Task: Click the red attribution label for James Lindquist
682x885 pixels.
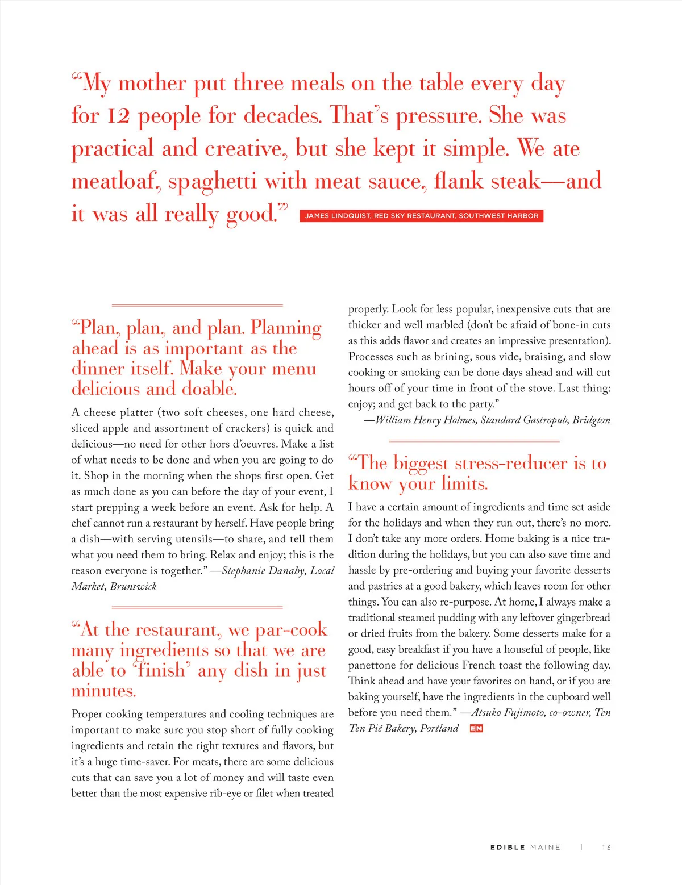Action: (x=421, y=216)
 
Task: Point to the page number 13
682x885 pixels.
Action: (x=606, y=847)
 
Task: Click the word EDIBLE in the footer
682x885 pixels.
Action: (x=508, y=847)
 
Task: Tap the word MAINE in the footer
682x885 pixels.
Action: (x=545, y=847)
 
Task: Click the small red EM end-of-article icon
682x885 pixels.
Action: (x=476, y=728)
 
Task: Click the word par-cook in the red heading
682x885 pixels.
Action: (x=291, y=630)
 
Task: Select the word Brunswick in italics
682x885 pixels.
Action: (x=134, y=586)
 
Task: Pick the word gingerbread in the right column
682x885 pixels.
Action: (x=583, y=617)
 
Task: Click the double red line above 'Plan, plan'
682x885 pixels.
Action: (x=197, y=306)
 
